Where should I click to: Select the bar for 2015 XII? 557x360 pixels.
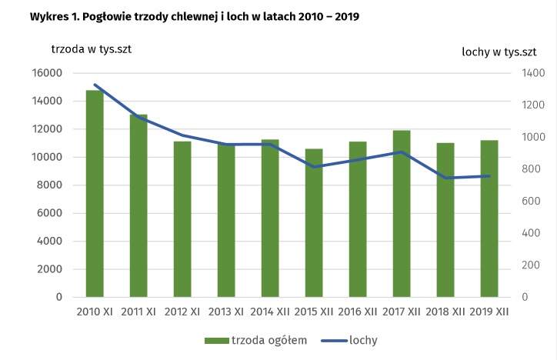coord(314,223)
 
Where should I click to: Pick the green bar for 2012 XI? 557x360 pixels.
coord(182,219)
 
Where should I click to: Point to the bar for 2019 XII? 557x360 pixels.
coord(489,218)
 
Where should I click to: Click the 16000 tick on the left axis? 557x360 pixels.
coord(47,73)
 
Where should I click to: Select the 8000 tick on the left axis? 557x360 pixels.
coord(50,185)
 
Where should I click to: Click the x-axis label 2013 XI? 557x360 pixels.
coord(226,312)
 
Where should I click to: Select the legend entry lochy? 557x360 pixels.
coord(362,339)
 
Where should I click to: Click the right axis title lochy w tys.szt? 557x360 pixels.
coord(499,52)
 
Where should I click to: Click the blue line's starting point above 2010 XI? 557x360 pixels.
coord(95,85)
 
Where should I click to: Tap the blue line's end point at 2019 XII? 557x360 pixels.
coord(489,176)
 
